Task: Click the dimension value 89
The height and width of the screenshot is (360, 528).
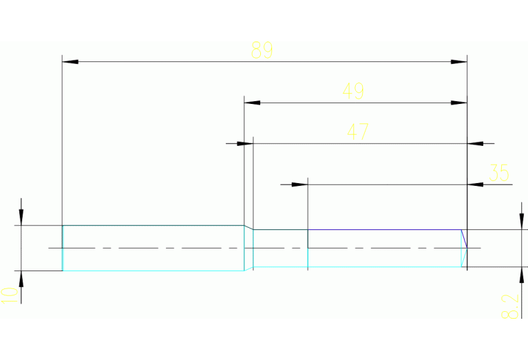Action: (262, 50)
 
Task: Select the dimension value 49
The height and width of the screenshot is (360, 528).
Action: (353, 91)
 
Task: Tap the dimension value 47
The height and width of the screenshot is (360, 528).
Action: (357, 131)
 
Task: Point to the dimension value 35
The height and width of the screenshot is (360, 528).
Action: (498, 172)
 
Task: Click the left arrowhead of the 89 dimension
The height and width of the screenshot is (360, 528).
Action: (70, 62)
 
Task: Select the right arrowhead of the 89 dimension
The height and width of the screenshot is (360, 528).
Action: (459, 62)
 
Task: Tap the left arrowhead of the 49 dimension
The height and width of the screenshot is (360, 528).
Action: (252, 103)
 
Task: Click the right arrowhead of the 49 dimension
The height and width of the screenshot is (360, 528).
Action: (459, 103)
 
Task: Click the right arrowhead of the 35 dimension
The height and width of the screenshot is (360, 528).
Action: (475, 184)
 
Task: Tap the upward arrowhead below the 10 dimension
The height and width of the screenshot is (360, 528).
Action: (21, 279)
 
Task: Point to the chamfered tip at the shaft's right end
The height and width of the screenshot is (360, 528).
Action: (464, 248)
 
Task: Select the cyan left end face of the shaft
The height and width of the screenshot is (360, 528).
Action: (63, 248)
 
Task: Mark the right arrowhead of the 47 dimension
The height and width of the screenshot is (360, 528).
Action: (475, 144)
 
